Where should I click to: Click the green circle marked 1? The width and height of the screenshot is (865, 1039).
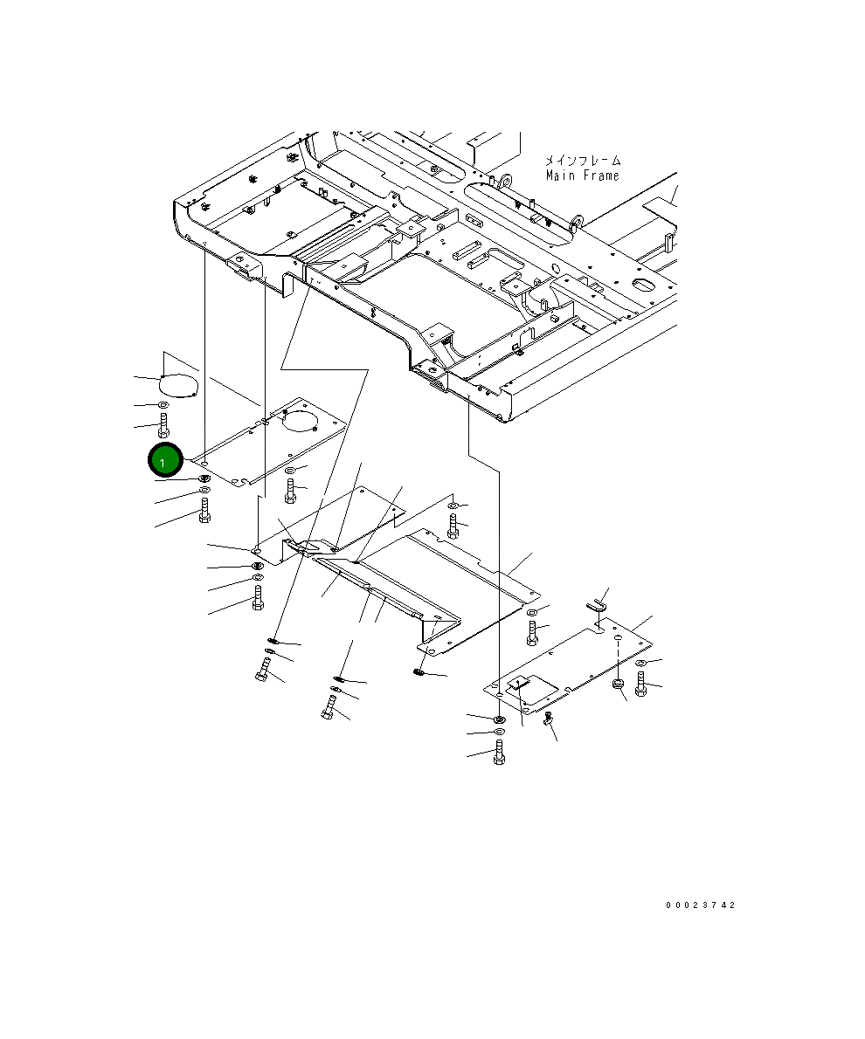pyautogui.click(x=164, y=461)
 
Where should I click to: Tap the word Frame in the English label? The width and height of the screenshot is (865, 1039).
pyautogui.click(x=598, y=175)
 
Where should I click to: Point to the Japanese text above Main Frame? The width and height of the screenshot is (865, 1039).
pyautogui.click(x=583, y=161)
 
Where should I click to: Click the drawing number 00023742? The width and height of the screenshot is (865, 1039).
pyautogui.click(x=700, y=905)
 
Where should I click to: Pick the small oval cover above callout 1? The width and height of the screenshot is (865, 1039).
pyautogui.click(x=180, y=384)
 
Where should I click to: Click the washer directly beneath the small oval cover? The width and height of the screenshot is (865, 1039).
pyautogui.click(x=163, y=406)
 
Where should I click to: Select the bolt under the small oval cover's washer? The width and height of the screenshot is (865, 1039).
pyautogui.click(x=163, y=428)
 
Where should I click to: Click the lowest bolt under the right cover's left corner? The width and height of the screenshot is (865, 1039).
pyautogui.click(x=498, y=752)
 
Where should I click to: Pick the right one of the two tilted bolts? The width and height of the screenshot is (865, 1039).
pyautogui.click(x=329, y=705)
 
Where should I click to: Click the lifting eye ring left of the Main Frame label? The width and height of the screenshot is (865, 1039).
pyautogui.click(x=502, y=182)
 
